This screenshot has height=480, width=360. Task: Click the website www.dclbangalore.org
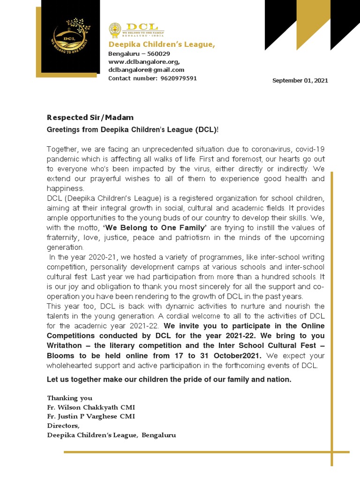[144, 61]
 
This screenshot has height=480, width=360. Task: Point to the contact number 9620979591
[178, 78]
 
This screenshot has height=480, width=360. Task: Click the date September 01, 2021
[300, 81]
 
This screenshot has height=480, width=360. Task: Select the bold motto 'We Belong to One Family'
[155, 228]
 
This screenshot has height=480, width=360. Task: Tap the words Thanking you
[69, 398]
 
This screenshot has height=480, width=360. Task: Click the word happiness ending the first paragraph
[65, 188]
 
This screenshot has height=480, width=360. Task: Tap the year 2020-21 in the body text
[94, 257]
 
